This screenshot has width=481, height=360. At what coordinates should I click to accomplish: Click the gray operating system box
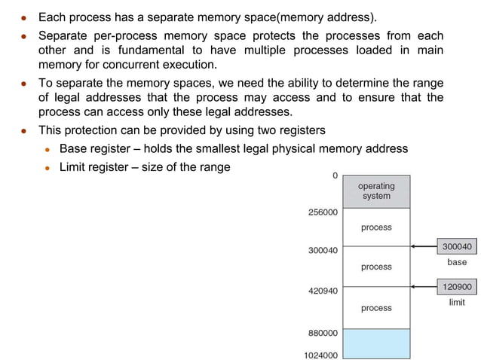click(x=375, y=191)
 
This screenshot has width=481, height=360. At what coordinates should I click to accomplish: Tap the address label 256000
click(x=323, y=212)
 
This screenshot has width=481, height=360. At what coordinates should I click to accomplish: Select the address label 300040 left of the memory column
click(x=323, y=249)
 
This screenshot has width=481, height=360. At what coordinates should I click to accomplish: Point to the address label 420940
click(x=323, y=289)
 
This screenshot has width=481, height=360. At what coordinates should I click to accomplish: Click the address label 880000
click(x=323, y=332)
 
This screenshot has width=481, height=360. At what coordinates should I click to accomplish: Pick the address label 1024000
click(x=320, y=355)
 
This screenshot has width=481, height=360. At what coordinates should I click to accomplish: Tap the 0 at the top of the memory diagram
click(x=335, y=175)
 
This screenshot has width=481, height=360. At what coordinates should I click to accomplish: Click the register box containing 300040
click(x=457, y=246)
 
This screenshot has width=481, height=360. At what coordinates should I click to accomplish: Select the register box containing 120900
click(x=457, y=286)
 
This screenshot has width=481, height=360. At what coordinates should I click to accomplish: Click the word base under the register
click(x=457, y=262)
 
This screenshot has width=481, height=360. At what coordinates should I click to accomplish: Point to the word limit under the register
click(x=457, y=302)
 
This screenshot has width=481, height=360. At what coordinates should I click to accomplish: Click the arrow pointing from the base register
click(x=424, y=246)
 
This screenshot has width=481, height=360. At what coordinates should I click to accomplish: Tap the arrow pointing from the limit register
click(x=424, y=286)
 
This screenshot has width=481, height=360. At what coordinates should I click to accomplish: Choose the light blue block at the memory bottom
click(x=375, y=343)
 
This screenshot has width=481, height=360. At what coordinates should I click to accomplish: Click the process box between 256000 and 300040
click(x=375, y=227)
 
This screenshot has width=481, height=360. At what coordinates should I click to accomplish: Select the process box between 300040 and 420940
click(x=375, y=267)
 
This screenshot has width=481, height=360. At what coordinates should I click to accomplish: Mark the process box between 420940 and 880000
click(x=375, y=307)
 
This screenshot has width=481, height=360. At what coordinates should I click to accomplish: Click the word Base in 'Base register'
click(x=74, y=148)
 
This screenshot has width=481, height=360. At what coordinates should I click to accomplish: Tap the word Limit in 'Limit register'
click(x=73, y=166)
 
